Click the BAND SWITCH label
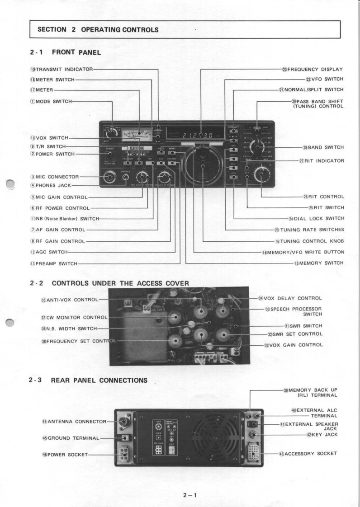coord(322,147)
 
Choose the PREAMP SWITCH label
coord(54,263)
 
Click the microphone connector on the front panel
coord(109,178)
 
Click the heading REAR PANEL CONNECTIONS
coord(99,380)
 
